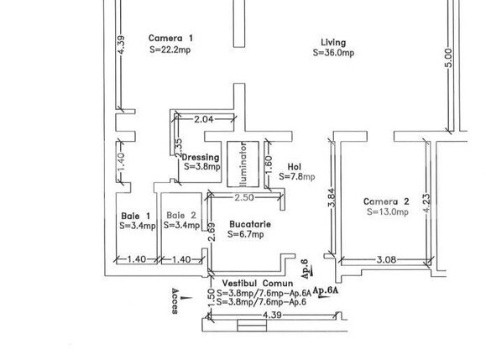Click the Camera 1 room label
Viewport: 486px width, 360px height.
coord(170,38)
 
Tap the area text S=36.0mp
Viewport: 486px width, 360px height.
coord(333,53)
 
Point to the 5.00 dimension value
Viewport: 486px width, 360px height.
coord(448,58)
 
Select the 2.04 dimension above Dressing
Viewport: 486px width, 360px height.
coord(204,119)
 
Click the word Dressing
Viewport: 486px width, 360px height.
coord(201,158)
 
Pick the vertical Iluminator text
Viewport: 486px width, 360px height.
coord(243,164)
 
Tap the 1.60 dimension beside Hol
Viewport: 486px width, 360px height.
coord(269,164)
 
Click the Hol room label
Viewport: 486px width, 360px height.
coord(294,167)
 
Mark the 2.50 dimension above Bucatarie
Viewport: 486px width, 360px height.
coord(244,197)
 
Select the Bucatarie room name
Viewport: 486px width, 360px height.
coord(250,224)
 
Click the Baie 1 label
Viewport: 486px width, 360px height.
coord(136,216)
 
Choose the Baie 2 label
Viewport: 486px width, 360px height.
coord(181,216)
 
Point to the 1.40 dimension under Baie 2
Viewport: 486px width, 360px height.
coord(181,259)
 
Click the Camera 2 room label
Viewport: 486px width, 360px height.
coord(386,201)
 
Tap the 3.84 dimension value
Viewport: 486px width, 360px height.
coord(332,198)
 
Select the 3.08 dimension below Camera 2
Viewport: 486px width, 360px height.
coord(386,259)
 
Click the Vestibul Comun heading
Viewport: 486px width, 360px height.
coord(258,283)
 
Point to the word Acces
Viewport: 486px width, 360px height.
coord(175,301)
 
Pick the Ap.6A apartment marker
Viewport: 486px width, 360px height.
coord(326,290)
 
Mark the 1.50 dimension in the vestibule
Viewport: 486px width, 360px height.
coord(211,299)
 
